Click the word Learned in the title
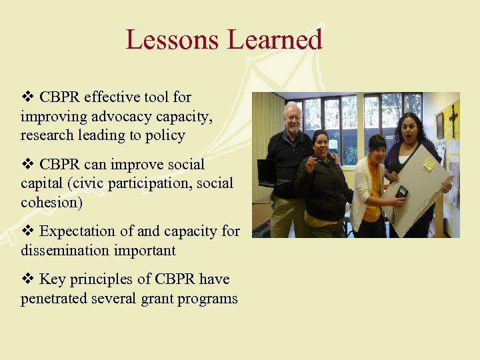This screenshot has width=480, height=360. tap(274, 40)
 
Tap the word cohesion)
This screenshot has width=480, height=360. tap(51, 203)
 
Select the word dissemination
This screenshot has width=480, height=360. tap(68, 251)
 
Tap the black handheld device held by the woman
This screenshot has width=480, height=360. tap(401, 192)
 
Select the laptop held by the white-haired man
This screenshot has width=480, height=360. tap(267, 172)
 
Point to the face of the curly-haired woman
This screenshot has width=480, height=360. tap(407, 128)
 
